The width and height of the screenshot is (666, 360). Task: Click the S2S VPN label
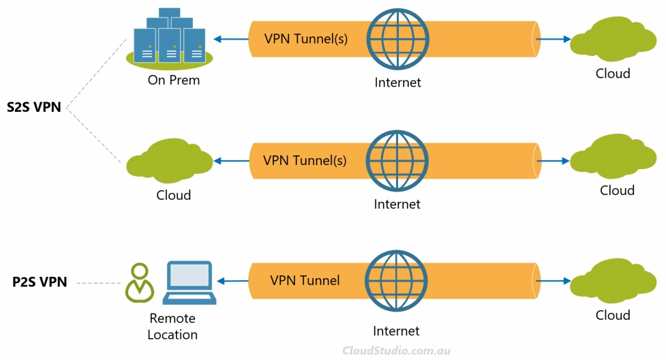click(34, 107)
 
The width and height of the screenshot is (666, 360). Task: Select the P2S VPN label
click(40, 282)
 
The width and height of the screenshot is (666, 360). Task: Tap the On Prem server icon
click(170, 38)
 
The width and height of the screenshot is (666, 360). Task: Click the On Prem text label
click(174, 80)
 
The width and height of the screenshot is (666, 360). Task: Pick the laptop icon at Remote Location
click(190, 283)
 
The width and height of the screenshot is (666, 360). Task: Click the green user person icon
click(139, 283)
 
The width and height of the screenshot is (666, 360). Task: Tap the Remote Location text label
click(172, 327)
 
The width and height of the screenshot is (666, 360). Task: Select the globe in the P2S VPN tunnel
click(396, 281)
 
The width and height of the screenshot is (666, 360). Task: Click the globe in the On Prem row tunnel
click(397, 39)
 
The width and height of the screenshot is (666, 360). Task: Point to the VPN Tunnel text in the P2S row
click(305, 280)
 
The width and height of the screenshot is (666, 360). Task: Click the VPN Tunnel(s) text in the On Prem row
click(306, 39)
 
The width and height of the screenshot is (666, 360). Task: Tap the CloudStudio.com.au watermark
click(396, 350)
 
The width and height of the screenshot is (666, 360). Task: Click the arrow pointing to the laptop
click(232, 281)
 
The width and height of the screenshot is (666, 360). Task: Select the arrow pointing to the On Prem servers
click(230, 39)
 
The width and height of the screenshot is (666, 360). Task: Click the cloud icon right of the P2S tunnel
click(613, 280)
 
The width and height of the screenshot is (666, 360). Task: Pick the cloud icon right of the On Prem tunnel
click(613, 39)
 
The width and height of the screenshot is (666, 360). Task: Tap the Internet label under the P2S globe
click(396, 331)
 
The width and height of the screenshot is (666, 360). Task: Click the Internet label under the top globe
click(397, 82)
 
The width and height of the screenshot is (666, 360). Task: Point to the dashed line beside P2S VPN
click(99, 283)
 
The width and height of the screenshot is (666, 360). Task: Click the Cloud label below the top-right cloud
click(613, 74)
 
